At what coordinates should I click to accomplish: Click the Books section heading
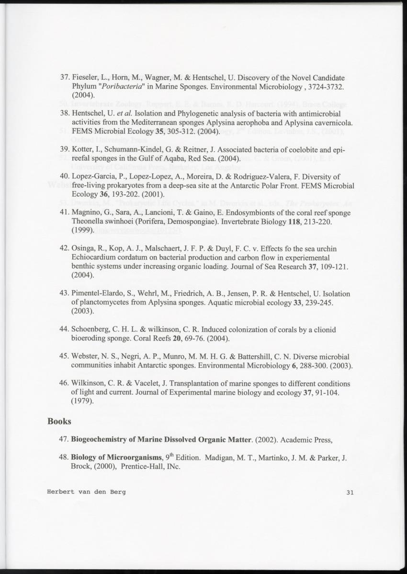click(x=59, y=422)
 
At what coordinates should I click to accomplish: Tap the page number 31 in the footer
click(x=349, y=492)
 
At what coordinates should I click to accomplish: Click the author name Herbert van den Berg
click(x=86, y=492)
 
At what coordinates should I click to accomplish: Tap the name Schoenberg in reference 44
click(x=91, y=329)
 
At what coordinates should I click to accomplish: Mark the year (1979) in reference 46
click(x=82, y=402)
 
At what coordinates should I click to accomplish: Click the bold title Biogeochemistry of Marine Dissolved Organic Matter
click(x=161, y=440)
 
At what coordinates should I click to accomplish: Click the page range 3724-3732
click(x=321, y=86)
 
